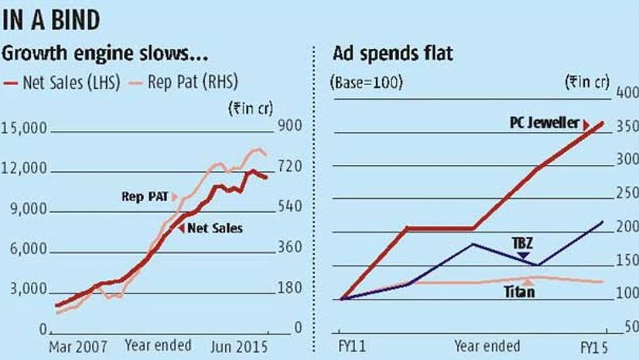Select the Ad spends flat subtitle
pyautogui.click(x=392, y=56)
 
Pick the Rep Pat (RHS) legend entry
pyautogui.click(x=186, y=84)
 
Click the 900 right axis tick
pyautogui.click(x=279, y=128)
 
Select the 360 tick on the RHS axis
pyautogui.click(x=279, y=248)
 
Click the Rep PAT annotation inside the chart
pyautogui.click(x=144, y=197)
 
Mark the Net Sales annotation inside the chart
pyautogui.click(x=214, y=228)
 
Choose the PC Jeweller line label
pyautogui.click(x=545, y=122)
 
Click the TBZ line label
pyautogui.click(x=523, y=242)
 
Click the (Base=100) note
pyautogui.click(x=367, y=84)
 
